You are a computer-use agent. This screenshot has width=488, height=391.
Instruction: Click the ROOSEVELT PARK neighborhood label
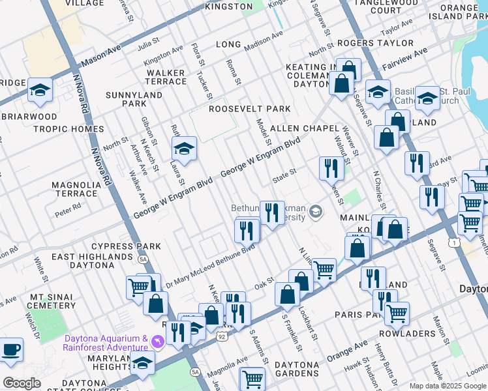(249, 109)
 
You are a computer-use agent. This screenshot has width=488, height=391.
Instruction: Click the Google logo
(22, 383)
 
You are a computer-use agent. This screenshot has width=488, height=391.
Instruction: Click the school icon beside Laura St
(184, 149)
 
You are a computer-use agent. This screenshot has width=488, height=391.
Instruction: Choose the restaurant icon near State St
(331, 168)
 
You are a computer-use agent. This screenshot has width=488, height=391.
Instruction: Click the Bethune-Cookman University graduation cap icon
(316, 210)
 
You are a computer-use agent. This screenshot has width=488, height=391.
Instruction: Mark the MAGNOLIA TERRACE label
(75, 189)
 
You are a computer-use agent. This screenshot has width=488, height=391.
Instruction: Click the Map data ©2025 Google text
(447, 386)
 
